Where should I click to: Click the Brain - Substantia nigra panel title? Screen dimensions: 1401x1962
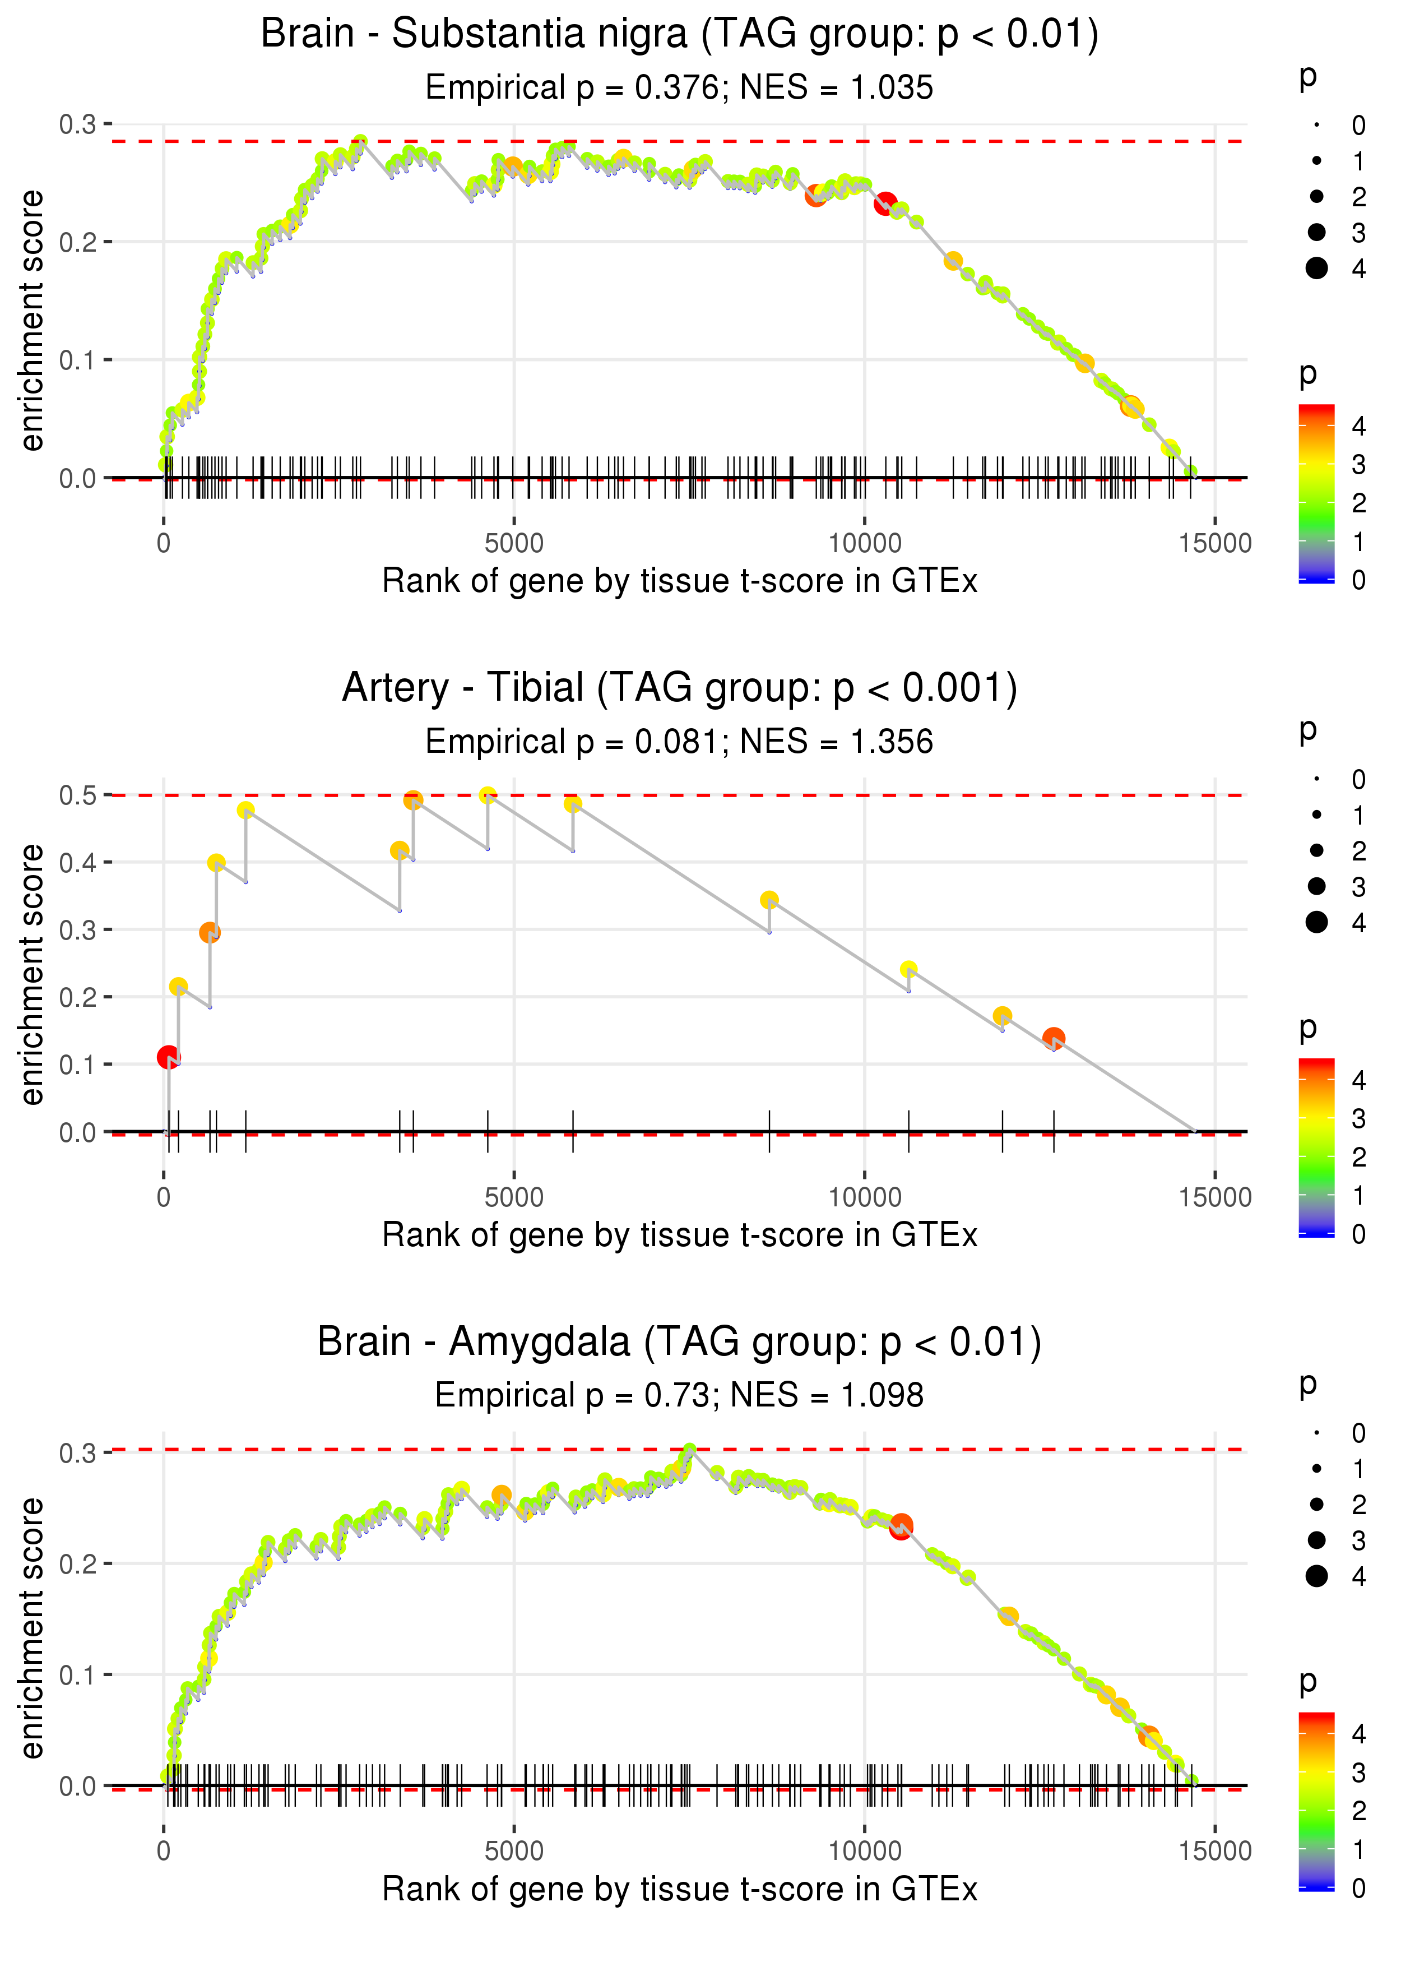(679, 35)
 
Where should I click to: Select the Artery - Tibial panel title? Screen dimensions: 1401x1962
(679, 688)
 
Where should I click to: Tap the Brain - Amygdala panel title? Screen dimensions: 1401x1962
(679, 1343)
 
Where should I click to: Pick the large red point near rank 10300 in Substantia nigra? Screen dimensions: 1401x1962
(885, 203)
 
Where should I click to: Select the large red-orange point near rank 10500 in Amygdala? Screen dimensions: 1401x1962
(901, 1525)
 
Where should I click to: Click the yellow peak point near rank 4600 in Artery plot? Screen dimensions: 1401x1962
(488, 795)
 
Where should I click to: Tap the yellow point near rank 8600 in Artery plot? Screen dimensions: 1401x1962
(769, 900)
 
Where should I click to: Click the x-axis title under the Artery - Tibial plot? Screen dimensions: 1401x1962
(679, 1235)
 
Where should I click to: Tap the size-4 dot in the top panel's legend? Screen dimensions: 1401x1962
(1316, 269)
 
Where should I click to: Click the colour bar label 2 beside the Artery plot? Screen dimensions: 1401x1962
(1359, 1157)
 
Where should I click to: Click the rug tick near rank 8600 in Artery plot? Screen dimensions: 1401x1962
(769, 1131)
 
